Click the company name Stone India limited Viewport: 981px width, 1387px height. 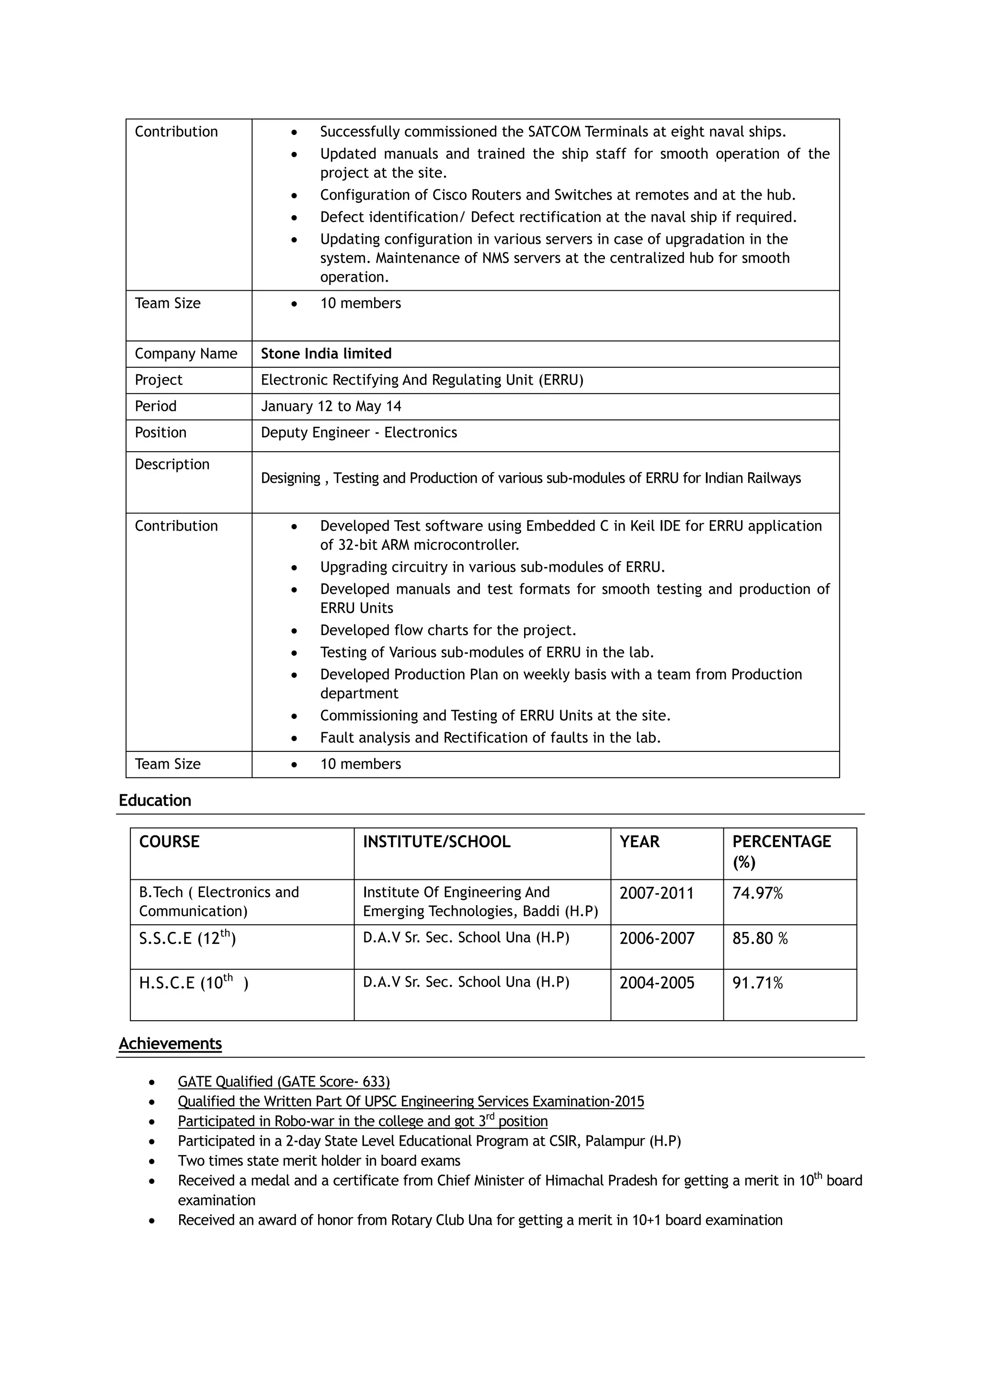click(x=326, y=353)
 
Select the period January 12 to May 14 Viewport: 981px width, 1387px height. click(x=331, y=406)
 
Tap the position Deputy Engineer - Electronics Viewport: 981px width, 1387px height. click(x=359, y=432)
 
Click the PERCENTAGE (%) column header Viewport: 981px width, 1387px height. click(x=781, y=851)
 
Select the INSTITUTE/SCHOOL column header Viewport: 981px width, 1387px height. click(x=436, y=841)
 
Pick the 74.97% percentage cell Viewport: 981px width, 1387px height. click(x=757, y=893)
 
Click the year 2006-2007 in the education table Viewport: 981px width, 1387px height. click(x=657, y=939)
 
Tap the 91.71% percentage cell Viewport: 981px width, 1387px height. click(x=757, y=983)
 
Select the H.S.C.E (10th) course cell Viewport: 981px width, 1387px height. click(x=194, y=983)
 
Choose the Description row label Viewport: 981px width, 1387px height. click(x=171, y=465)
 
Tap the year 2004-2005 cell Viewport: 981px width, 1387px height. click(x=657, y=983)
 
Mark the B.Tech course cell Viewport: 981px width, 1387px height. click(x=219, y=901)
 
